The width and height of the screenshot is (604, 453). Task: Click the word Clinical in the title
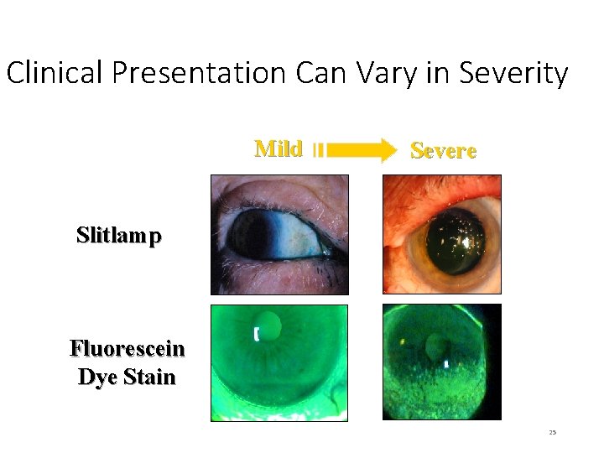(55, 74)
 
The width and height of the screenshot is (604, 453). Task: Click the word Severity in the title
(513, 74)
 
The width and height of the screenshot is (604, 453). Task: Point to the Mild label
(278, 149)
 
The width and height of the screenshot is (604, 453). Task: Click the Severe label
(443, 151)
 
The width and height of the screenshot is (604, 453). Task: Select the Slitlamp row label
(118, 236)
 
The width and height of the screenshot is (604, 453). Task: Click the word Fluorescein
(127, 348)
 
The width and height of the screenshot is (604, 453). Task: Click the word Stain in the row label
(148, 377)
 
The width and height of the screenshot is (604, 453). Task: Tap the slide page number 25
(552, 432)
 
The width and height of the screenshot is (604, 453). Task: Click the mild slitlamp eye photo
(279, 234)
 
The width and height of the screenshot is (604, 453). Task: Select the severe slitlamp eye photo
(441, 234)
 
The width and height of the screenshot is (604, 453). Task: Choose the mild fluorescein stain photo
(279, 362)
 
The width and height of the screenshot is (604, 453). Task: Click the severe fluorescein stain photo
(441, 362)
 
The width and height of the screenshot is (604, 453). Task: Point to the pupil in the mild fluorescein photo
(268, 323)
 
